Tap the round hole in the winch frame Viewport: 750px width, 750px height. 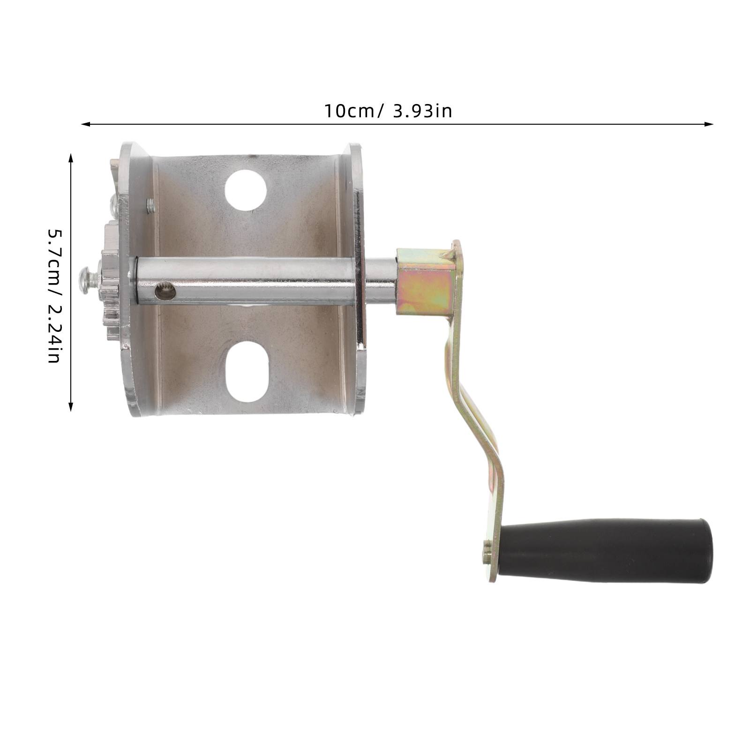pos(246,189)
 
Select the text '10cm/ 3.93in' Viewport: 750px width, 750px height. pos(388,112)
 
